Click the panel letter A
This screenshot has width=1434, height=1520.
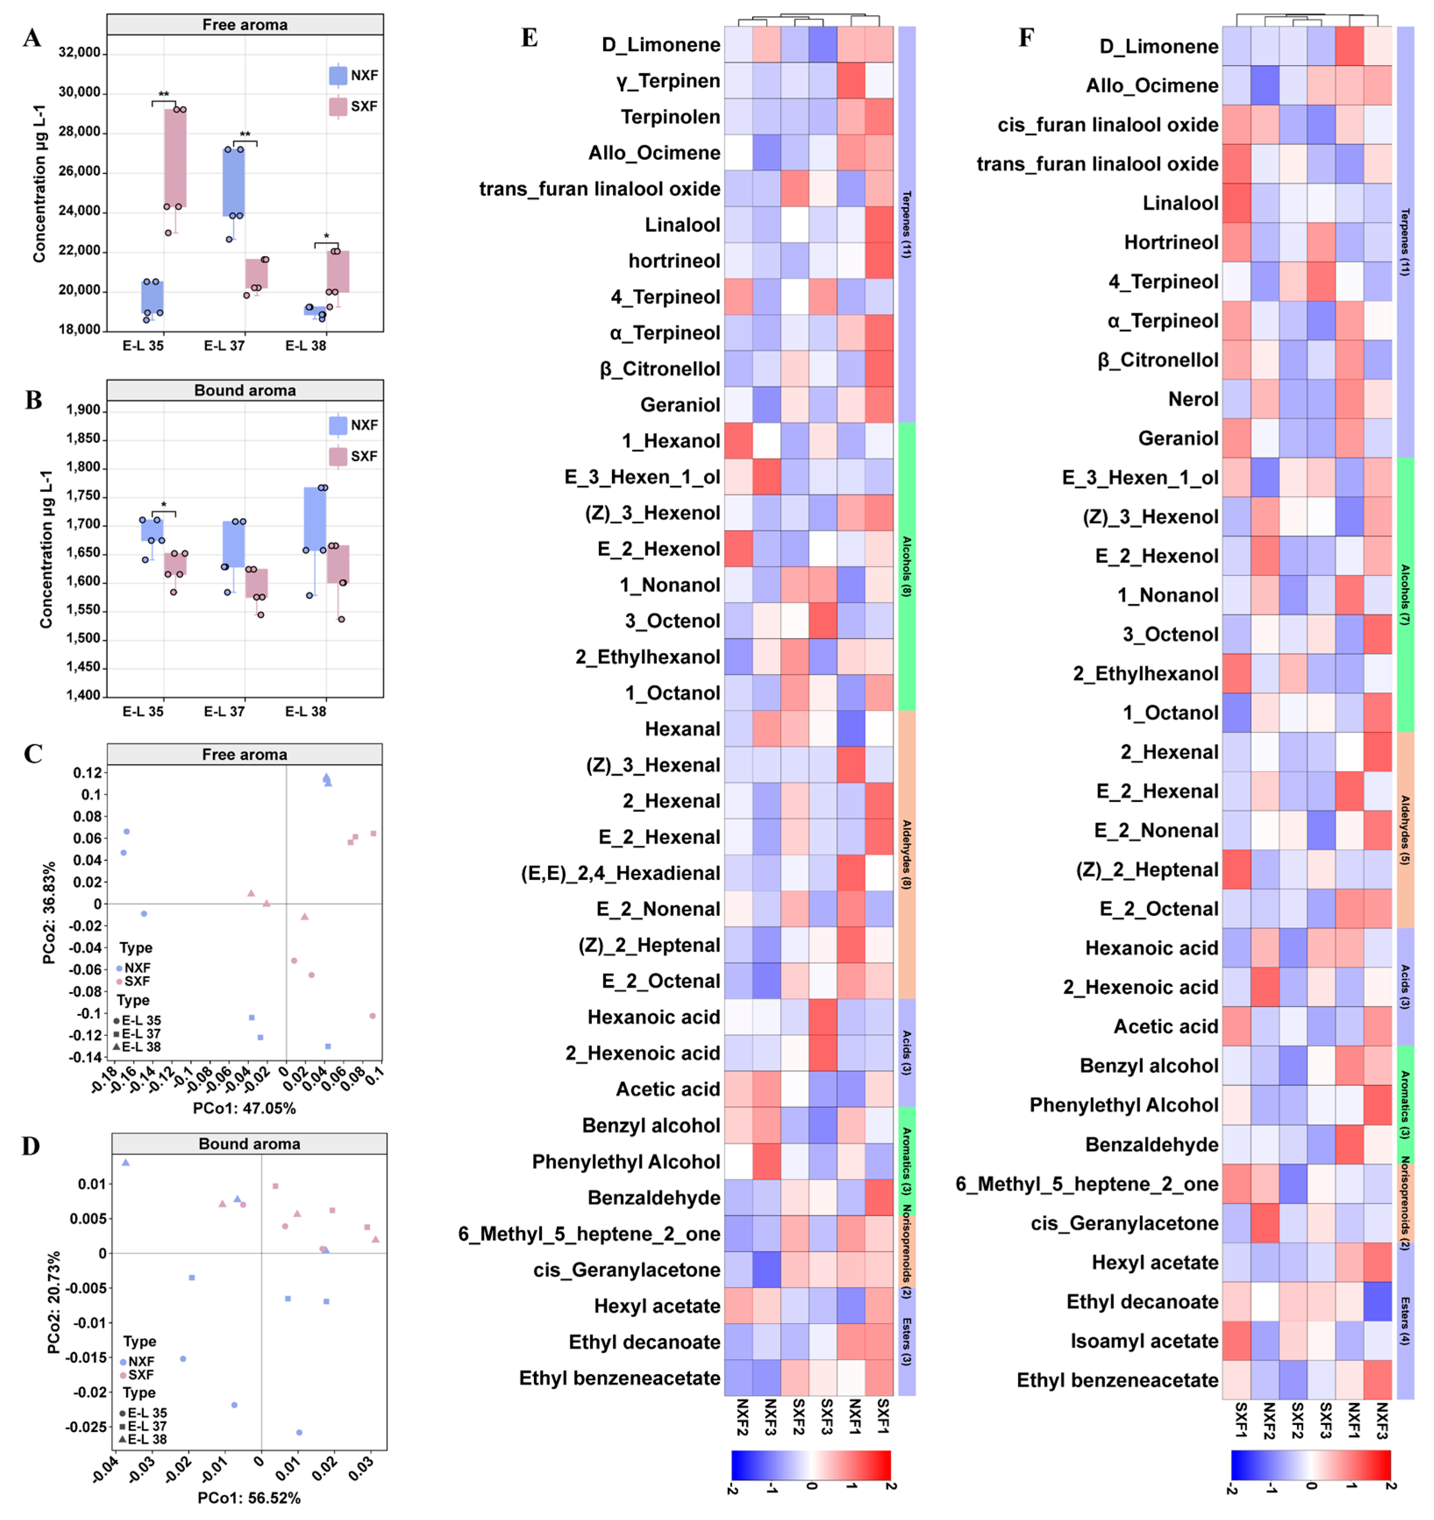pyautogui.click(x=32, y=38)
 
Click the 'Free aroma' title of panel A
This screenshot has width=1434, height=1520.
pyautogui.click(x=245, y=25)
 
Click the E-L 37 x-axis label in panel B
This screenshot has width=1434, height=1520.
pyautogui.click(x=224, y=711)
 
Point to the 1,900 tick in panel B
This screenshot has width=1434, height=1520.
pyautogui.click(x=83, y=410)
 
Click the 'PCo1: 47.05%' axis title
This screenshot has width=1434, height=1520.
pyautogui.click(x=244, y=1108)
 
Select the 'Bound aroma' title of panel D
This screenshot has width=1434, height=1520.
pyautogui.click(x=249, y=1144)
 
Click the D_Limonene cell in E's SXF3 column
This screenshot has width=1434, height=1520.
pyautogui.click(x=823, y=44)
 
